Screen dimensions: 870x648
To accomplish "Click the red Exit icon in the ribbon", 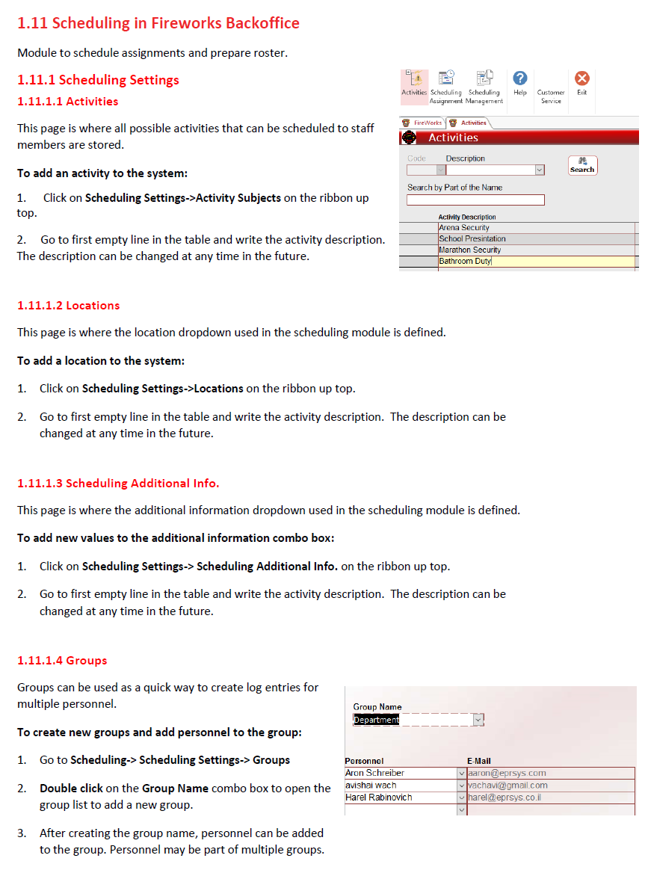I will [x=581, y=78].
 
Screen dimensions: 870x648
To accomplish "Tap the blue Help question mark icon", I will [x=520, y=78].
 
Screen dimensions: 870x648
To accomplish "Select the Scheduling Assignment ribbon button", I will [x=446, y=78].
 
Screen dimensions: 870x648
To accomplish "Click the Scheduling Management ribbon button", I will [x=484, y=78].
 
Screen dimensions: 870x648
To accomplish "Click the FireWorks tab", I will [x=424, y=123].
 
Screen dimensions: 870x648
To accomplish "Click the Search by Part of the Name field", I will [x=475, y=200].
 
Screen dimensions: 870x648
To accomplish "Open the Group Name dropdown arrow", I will [x=478, y=720].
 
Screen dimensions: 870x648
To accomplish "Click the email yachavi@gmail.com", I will [x=507, y=786].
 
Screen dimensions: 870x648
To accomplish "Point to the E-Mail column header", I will [x=479, y=761].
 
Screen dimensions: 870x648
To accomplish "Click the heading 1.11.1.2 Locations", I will [x=69, y=306].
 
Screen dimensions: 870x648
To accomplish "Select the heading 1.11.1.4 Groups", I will [x=62, y=661].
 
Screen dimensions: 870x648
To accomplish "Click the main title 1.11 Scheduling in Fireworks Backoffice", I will [x=158, y=23].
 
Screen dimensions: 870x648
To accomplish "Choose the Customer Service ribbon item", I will [x=551, y=96].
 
